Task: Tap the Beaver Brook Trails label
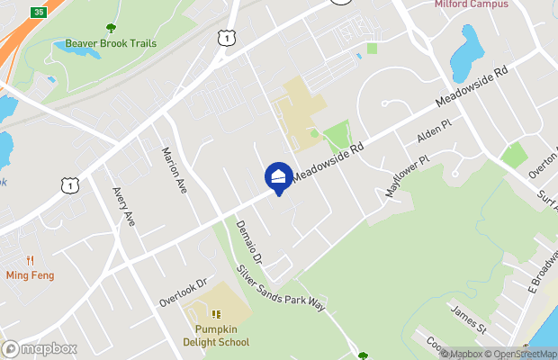111,43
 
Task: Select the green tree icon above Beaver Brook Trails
111,29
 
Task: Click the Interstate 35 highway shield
37,11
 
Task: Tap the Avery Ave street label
124,206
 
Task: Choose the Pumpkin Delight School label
216,335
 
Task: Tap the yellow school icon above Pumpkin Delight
216,314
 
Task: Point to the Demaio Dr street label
248,242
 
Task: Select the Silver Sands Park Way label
279,287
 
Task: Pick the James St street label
467,318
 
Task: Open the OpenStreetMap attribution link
523,353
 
